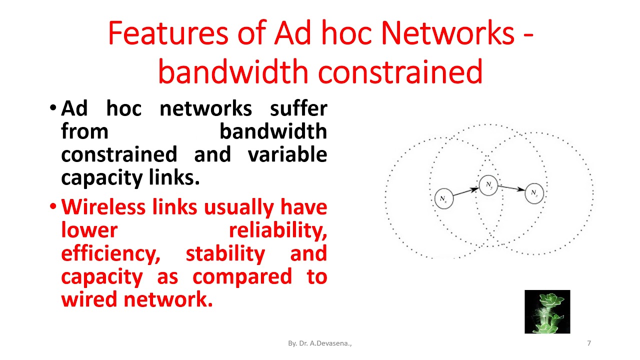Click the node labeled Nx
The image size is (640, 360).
click(443, 198)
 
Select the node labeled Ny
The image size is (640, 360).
click(488, 185)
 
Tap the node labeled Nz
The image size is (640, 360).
click(534, 193)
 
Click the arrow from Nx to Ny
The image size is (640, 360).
click(465, 192)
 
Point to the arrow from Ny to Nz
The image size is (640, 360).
click(511, 188)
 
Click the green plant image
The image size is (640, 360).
click(547, 311)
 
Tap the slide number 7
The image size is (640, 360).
click(589, 343)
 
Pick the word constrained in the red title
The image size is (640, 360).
click(400, 71)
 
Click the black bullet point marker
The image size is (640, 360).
click(53, 108)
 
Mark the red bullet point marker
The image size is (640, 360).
click(53, 206)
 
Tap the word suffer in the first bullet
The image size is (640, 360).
click(298, 108)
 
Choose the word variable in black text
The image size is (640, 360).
click(287, 154)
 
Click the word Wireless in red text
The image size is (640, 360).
click(105, 206)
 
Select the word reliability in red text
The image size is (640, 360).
click(277, 230)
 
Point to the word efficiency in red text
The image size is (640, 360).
click(110, 253)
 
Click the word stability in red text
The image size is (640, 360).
click(225, 253)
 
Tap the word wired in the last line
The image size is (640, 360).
click(89, 299)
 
